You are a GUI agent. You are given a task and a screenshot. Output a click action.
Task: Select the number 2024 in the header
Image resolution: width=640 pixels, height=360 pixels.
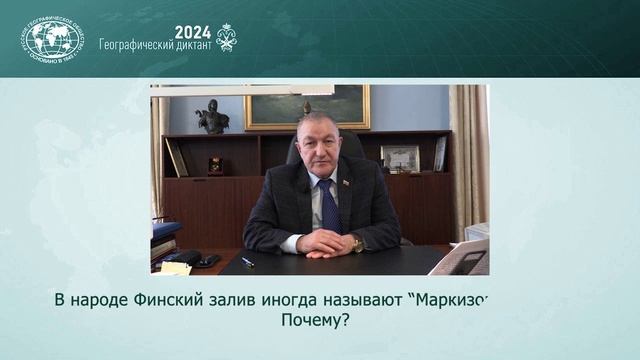pyautogui.click(x=193, y=32)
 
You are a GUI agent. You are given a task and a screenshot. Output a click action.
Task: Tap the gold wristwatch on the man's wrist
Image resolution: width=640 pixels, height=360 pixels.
pyautogui.click(x=357, y=244)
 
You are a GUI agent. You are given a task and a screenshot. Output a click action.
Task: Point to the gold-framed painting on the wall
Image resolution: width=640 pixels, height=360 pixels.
pyautogui.click(x=307, y=106)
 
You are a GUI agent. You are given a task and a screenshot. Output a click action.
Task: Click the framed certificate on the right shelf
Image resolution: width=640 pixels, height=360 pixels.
pyautogui.click(x=399, y=158)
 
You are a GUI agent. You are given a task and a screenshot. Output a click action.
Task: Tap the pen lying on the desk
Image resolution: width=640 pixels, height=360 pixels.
pyautogui.click(x=247, y=261)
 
